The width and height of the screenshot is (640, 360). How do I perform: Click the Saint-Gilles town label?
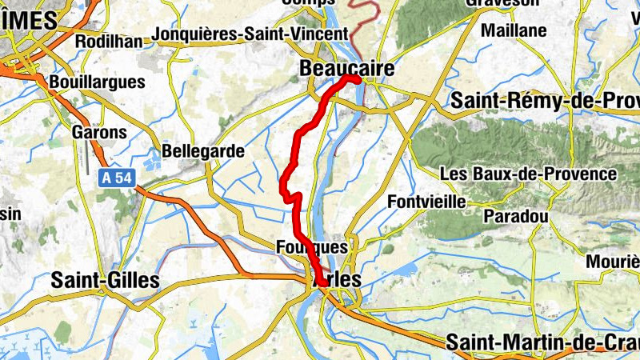105,280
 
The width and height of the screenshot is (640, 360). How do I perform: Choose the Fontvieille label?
426,202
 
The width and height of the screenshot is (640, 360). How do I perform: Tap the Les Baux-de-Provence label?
528,174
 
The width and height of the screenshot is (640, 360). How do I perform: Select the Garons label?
99,132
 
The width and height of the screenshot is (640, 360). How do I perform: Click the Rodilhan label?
108,41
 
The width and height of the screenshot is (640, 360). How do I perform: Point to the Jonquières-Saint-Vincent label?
250,34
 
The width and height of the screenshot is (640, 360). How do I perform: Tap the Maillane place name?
514,31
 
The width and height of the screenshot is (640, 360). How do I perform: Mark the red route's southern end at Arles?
321,282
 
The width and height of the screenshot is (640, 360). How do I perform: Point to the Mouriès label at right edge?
612,262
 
